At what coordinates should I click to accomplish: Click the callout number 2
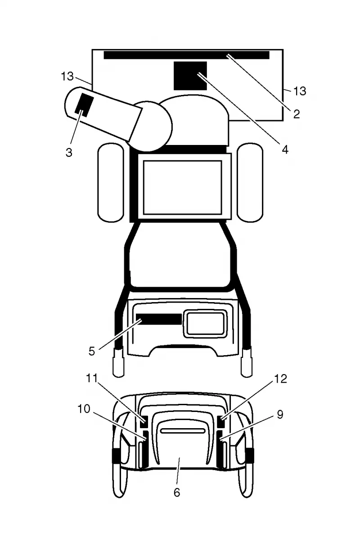point(297,114)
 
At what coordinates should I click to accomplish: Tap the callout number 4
point(285,149)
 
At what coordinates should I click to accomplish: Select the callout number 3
point(69,152)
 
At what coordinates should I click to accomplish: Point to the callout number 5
point(91,351)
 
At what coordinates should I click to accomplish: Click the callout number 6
point(176,493)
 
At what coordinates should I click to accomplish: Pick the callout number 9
point(280,415)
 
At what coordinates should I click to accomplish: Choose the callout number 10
point(84,409)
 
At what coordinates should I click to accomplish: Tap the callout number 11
point(92,378)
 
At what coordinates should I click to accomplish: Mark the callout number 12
point(280,379)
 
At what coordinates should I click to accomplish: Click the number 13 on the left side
point(67,76)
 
